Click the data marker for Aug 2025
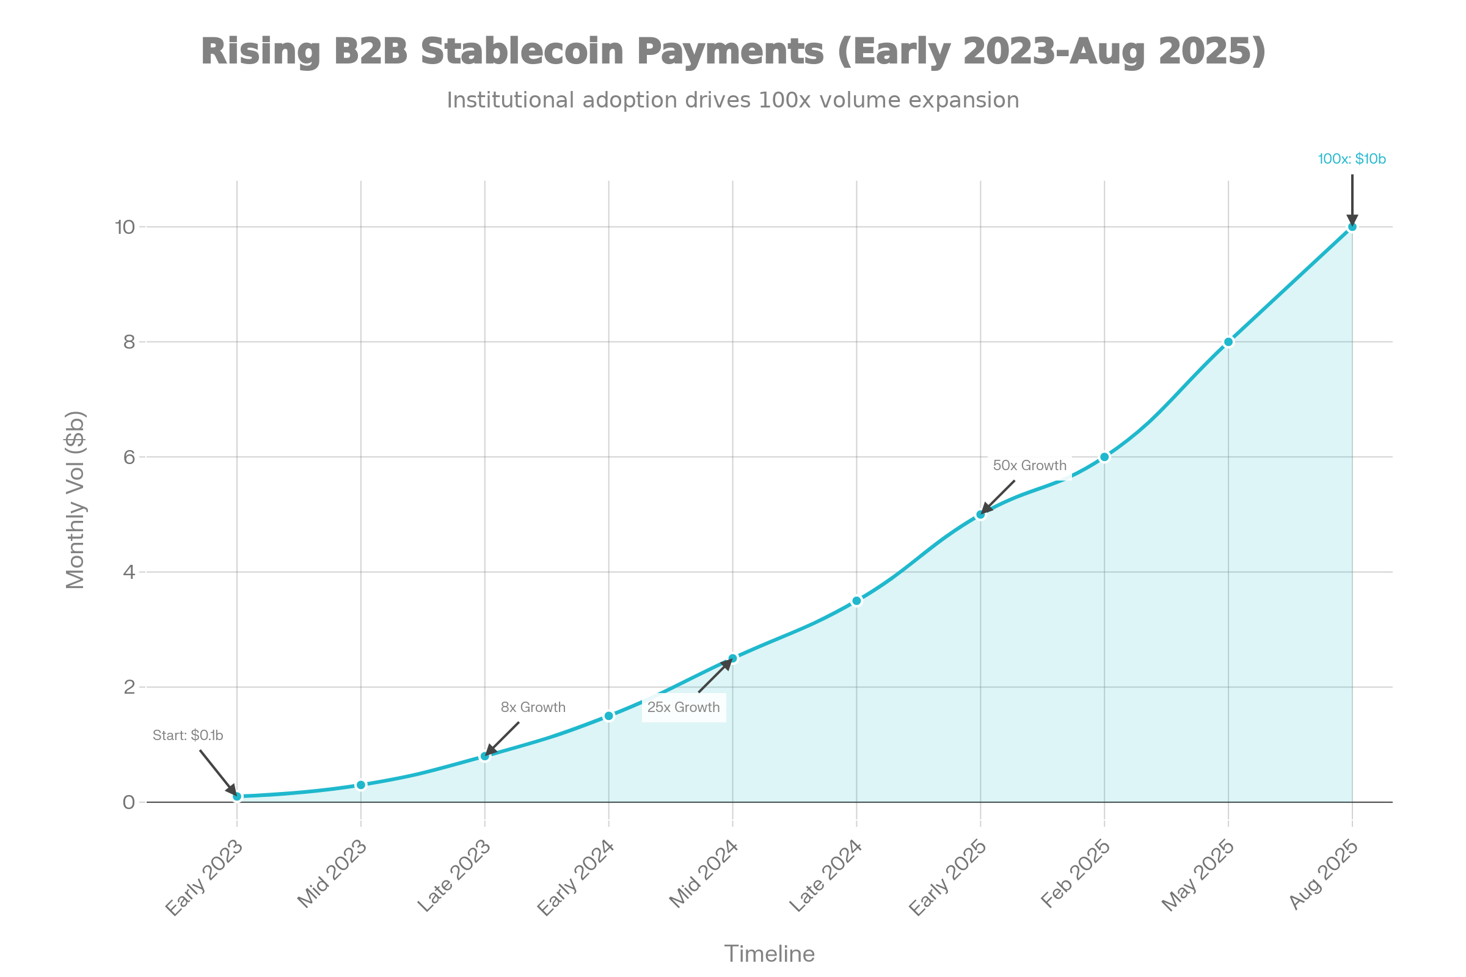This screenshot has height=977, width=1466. pos(1352,227)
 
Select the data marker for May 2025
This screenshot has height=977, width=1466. pos(1228,341)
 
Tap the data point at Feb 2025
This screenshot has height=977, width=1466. pos(1104,457)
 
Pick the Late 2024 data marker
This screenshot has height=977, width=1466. pos(856,601)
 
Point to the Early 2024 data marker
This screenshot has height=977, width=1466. pos(609,716)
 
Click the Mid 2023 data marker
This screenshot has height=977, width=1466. pos(361,785)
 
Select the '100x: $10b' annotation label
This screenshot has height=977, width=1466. pos(1351,159)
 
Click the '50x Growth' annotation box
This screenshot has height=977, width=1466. pos(1029,465)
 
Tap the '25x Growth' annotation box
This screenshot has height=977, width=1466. pos(683,707)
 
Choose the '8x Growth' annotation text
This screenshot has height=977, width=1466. pos(533,707)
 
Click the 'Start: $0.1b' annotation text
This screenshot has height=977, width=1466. pos(188,735)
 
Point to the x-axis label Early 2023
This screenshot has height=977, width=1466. pos(205,878)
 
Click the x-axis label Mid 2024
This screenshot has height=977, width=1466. pos(703,875)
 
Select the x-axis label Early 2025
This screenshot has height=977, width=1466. pos(947,878)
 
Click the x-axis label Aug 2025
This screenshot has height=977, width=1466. pos(1322,875)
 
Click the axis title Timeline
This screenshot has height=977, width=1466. pos(769,954)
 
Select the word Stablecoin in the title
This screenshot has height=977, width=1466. pos(522,51)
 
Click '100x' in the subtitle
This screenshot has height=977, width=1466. pos(785,100)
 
